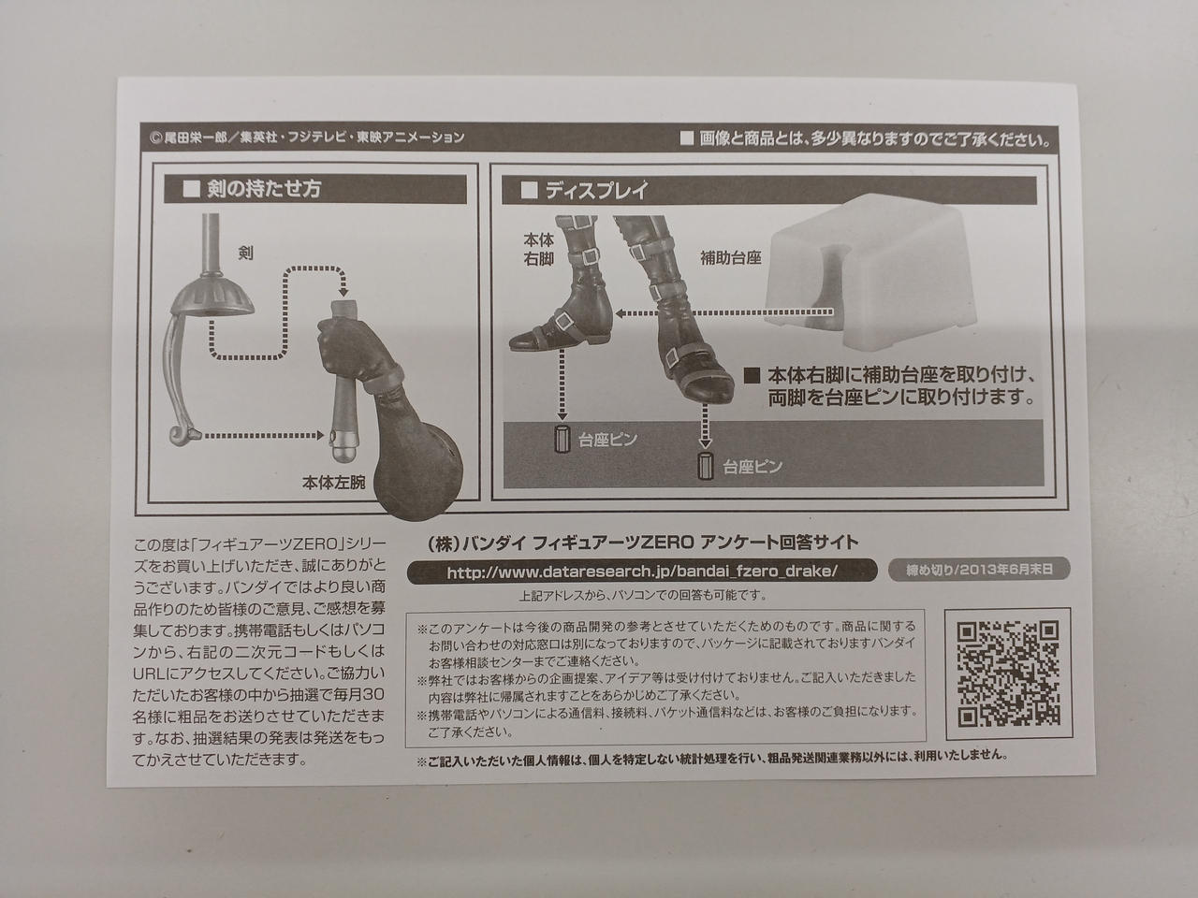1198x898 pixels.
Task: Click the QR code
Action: (x=1008, y=673)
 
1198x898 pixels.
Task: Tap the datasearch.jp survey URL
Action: (x=642, y=572)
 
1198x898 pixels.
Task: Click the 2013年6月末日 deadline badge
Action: (x=979, y=570)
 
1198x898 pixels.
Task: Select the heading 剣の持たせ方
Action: (x=264, y=189)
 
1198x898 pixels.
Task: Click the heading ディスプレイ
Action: (x=596, y=190)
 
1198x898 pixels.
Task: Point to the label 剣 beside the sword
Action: (x=245, y=253)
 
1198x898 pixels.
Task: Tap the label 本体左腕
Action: (x=333, y=483)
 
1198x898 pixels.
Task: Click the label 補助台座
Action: (x=730, y=258)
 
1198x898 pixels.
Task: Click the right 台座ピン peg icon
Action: (x=706, y=466)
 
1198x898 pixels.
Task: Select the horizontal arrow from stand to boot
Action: (x=724, y=313)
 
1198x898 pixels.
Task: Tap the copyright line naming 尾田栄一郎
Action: (x=307, y=138)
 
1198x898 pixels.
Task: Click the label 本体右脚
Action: (x=539, y=249)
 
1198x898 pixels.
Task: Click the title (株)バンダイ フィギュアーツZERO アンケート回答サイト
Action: (x=644, y=543)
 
